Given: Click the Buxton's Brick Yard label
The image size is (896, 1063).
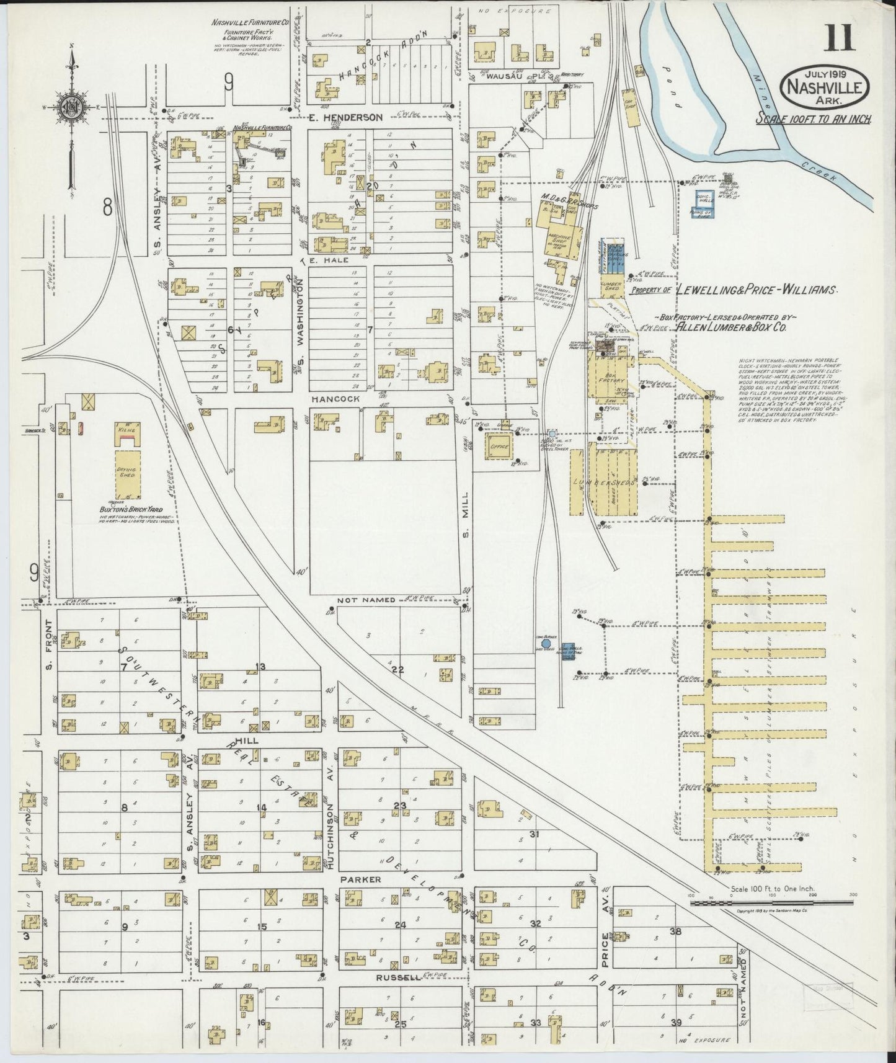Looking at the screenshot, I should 123,509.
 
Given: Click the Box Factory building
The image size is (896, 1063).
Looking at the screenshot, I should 606,377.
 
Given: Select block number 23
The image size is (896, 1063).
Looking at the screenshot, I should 400,806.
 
